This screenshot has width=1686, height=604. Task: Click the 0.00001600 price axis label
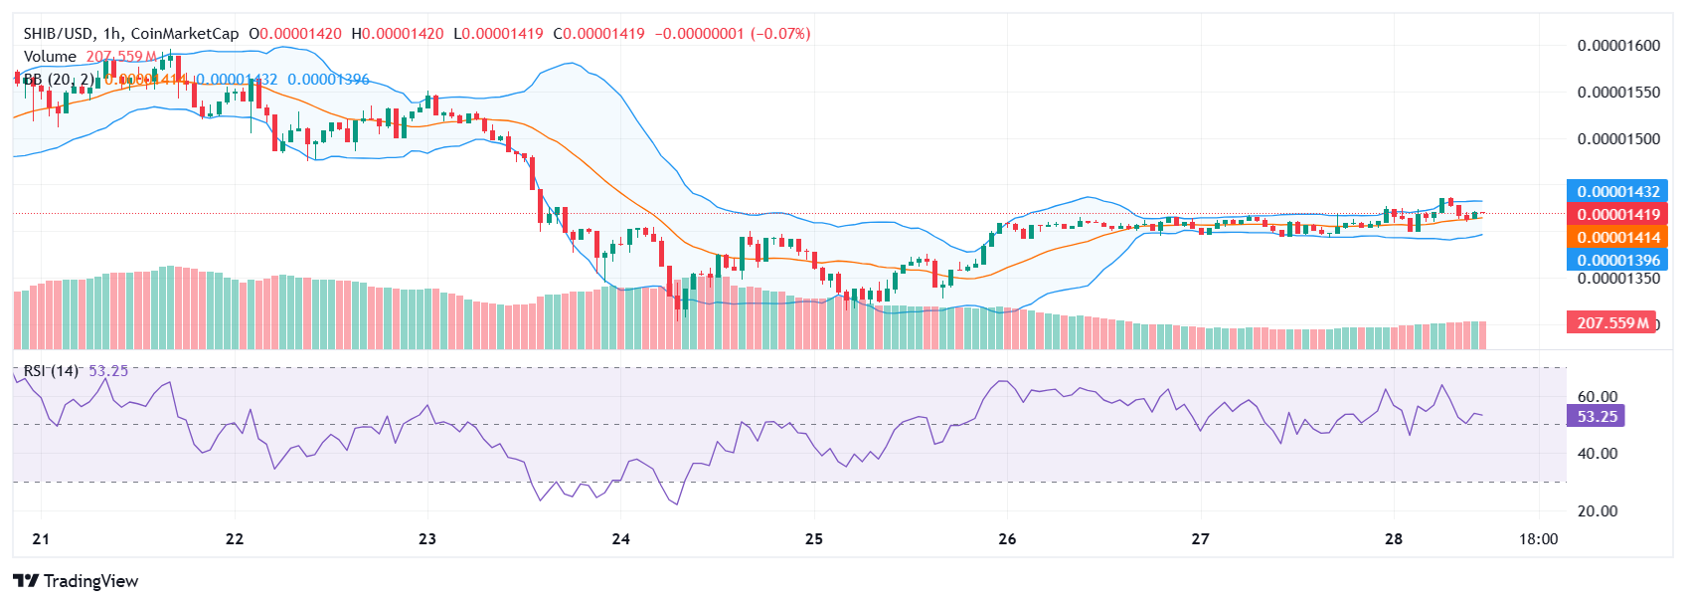click(1618, 46)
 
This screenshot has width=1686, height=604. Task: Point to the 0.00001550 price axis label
click(1618, 93)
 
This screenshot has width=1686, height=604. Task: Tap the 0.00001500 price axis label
click(1618, 139)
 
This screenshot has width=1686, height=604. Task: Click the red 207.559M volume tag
click(1611, 323)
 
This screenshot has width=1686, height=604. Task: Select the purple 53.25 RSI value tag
click(1597, 417)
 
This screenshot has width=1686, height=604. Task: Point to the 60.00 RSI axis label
click(1598, 397)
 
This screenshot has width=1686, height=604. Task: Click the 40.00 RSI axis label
click(1598, 454)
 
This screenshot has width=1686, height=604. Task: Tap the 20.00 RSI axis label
click(1598, 511)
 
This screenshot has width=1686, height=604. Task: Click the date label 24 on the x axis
click(621, 539)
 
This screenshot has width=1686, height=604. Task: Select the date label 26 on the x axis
click(1007, 539)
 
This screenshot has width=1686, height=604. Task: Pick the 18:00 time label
click(1538, 539)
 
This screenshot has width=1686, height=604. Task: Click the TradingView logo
click(76, 581)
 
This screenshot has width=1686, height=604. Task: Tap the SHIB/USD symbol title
click(59, 34)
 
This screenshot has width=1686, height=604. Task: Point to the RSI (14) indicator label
click(51, 371)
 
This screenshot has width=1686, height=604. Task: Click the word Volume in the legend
click(50, 57)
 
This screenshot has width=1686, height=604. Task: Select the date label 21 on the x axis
click(41, 539)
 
